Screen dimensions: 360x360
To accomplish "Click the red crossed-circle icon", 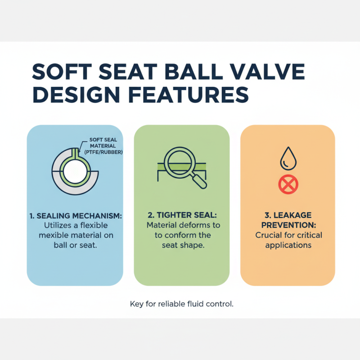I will coord(288,184).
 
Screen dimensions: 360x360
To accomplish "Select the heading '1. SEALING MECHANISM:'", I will coord(75,216).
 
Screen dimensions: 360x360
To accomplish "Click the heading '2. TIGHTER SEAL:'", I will coord(181,216).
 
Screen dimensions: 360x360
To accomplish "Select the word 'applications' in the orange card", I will coord(288,245).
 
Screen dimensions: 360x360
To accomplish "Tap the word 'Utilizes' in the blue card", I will coord(57,225).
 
